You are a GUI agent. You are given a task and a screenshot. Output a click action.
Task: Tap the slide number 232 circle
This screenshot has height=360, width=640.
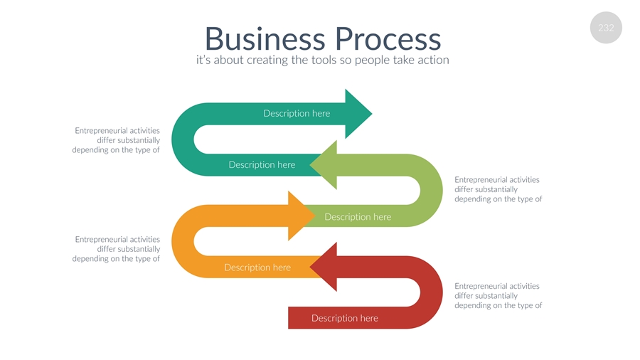point(606,28)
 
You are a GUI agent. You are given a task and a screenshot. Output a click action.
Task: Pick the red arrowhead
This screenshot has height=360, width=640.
point(324,267)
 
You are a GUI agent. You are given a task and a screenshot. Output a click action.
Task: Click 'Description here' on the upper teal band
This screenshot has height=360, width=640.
point(297,113)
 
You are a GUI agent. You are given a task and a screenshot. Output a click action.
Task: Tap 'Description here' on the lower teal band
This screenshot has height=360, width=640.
point(262,165)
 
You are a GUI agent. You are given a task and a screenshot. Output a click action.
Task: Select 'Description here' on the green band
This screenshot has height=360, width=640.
point(358,216)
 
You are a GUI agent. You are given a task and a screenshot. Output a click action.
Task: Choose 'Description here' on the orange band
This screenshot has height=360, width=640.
point(257,268)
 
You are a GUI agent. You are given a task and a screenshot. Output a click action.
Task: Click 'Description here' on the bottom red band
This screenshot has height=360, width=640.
point(345,318)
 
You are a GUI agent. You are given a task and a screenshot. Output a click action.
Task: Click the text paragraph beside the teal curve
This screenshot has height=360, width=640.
point(117,140)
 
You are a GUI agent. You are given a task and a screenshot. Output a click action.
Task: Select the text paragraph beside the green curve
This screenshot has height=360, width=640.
point(498,189)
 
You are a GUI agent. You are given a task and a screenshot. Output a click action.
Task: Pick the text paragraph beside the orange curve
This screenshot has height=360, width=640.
point(117,249)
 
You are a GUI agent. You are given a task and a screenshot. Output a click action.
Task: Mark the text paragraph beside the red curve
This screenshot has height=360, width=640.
point(498,295)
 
